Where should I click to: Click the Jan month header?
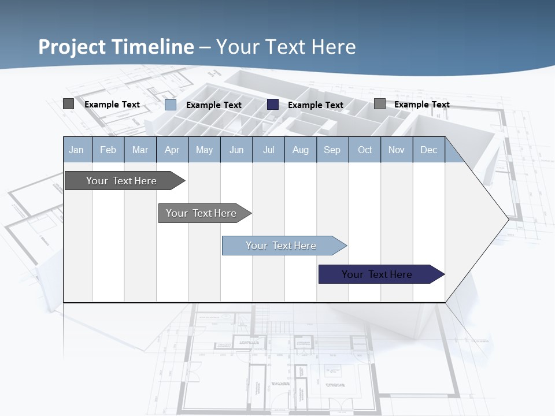[77, 150]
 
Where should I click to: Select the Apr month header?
[172, 150]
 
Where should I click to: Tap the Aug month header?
[301, 150]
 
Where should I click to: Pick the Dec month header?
[429, 150]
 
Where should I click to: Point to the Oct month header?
[365, 150]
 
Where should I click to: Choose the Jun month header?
[236, 150]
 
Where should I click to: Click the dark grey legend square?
[68, 104]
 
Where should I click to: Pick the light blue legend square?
[171, 105]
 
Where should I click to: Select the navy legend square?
[273, 105]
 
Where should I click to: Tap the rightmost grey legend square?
[380, 104]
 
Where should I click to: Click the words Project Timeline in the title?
[116, 47]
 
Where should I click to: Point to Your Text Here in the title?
[286, 47]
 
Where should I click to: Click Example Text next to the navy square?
[316, 105]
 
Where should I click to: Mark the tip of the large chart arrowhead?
[508, 219]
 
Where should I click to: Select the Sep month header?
[332, 150]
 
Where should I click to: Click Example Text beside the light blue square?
[214, 105]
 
